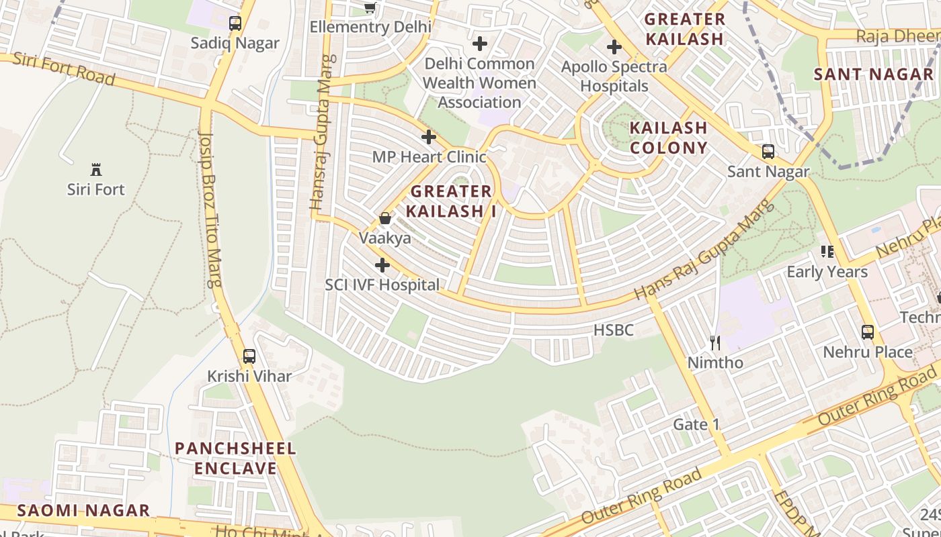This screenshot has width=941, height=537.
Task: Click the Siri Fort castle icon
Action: click(x=95, y=169)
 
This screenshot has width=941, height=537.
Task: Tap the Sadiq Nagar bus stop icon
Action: click(x=235, y=23)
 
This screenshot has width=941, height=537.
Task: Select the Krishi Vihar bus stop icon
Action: click(x=249, y=356)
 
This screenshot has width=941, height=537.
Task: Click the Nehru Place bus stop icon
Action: click(x=868, y=332)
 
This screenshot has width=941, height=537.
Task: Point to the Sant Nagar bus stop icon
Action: click(x=768, y=152)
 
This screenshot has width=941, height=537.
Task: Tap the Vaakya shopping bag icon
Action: click(x=385, y=218)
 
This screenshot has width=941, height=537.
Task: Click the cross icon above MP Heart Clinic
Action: click(x=429, y=138)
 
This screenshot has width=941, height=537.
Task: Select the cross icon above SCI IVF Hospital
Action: click(x=382, y=265)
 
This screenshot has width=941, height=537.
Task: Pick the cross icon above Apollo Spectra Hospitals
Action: click(x=614, y=47)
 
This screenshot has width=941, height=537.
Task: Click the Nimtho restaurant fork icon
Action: click(x=715, y=343)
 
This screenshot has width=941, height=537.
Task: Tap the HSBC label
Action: click(x=614, y=330)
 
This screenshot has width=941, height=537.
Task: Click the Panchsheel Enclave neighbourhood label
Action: click(x=235, y=458)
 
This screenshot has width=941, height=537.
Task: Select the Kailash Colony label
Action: click(x=668, y=138)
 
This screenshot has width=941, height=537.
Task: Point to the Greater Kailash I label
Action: click(x=452, y=201)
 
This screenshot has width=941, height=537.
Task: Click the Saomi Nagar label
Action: click(x=83, y=510)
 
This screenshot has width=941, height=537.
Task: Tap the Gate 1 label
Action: click(x=696, y=424)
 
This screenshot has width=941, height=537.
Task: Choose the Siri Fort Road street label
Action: click(x=64, y=68)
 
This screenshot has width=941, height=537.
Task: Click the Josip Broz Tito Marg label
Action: click(x=210, y=208)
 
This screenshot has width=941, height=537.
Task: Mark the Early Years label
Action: click(x=827, y=272)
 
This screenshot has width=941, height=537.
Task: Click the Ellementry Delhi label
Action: click(x=370, y=27)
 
